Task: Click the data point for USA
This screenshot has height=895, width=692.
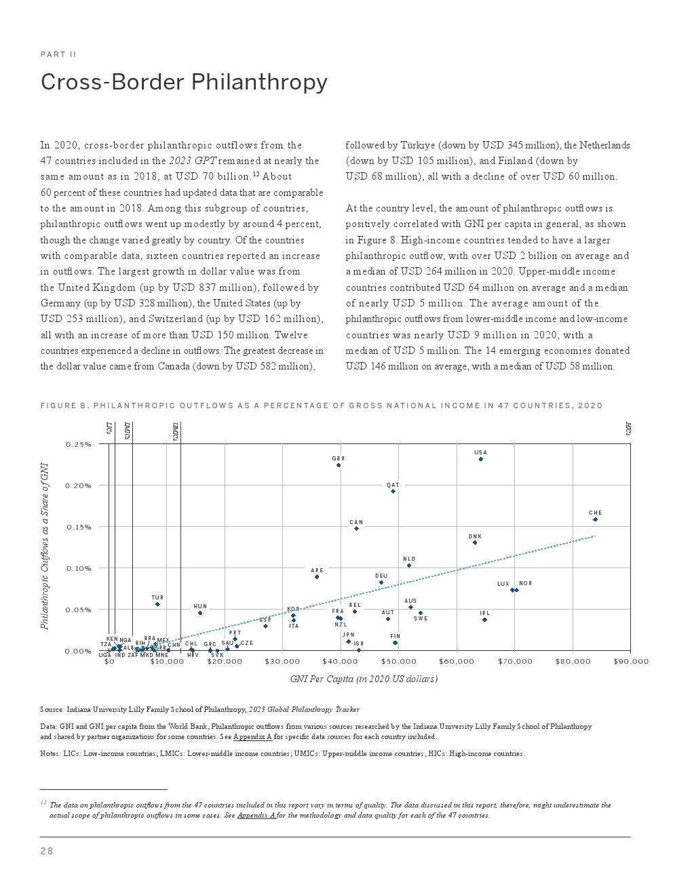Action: tap(480, 459)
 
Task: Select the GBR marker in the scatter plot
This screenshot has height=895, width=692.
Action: tap(339, 465)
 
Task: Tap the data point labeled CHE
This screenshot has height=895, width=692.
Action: tap(595, 519)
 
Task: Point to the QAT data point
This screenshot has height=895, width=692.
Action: tap(393, 491)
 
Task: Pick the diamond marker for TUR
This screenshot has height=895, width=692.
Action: tap(157, 604)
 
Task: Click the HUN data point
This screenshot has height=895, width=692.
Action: tap(200, 613)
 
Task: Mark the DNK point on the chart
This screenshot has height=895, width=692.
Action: tap(475, 542)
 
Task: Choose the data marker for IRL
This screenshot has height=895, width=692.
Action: tap(484, 620)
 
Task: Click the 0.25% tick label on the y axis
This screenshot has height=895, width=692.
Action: tap(79, 444)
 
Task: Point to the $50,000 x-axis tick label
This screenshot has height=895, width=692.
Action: tap(399, 662)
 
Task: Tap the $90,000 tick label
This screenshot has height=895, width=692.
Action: tap(631, 662)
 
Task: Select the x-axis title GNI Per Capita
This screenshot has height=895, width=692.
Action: tap(364, 679)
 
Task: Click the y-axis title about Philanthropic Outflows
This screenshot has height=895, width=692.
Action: tap(45, 546)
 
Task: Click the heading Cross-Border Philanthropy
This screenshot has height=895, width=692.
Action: tap(184, 82)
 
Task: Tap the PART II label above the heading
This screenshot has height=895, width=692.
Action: tap(58, 54)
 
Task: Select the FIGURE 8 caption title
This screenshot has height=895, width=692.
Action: tap(322, 405)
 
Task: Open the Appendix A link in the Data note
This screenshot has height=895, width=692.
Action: tap(252, 736)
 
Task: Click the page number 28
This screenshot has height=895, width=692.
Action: tap(47, 852)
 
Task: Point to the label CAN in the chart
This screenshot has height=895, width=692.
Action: tap(356, 523)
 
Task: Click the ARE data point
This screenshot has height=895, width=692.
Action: tap(317, 576)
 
